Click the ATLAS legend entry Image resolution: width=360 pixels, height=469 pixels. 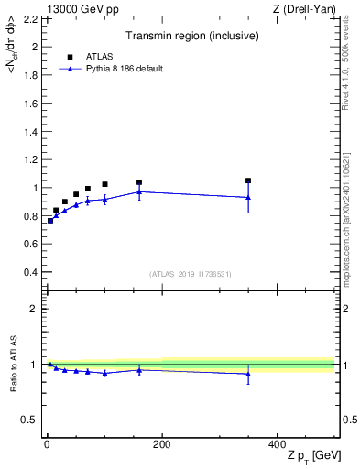point(99,55)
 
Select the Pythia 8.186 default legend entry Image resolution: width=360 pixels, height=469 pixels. point(123,69)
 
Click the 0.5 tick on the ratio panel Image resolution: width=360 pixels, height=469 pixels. point(33,420)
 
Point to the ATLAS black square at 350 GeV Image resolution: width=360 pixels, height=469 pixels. point(248,180)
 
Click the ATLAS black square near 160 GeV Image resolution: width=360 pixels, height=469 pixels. point(139,182)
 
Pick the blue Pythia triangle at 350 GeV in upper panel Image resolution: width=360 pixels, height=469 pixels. point(248,197)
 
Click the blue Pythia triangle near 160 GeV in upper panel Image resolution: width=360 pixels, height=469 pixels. point(139,191)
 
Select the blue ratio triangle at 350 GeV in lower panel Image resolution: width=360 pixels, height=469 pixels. point(248,373)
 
